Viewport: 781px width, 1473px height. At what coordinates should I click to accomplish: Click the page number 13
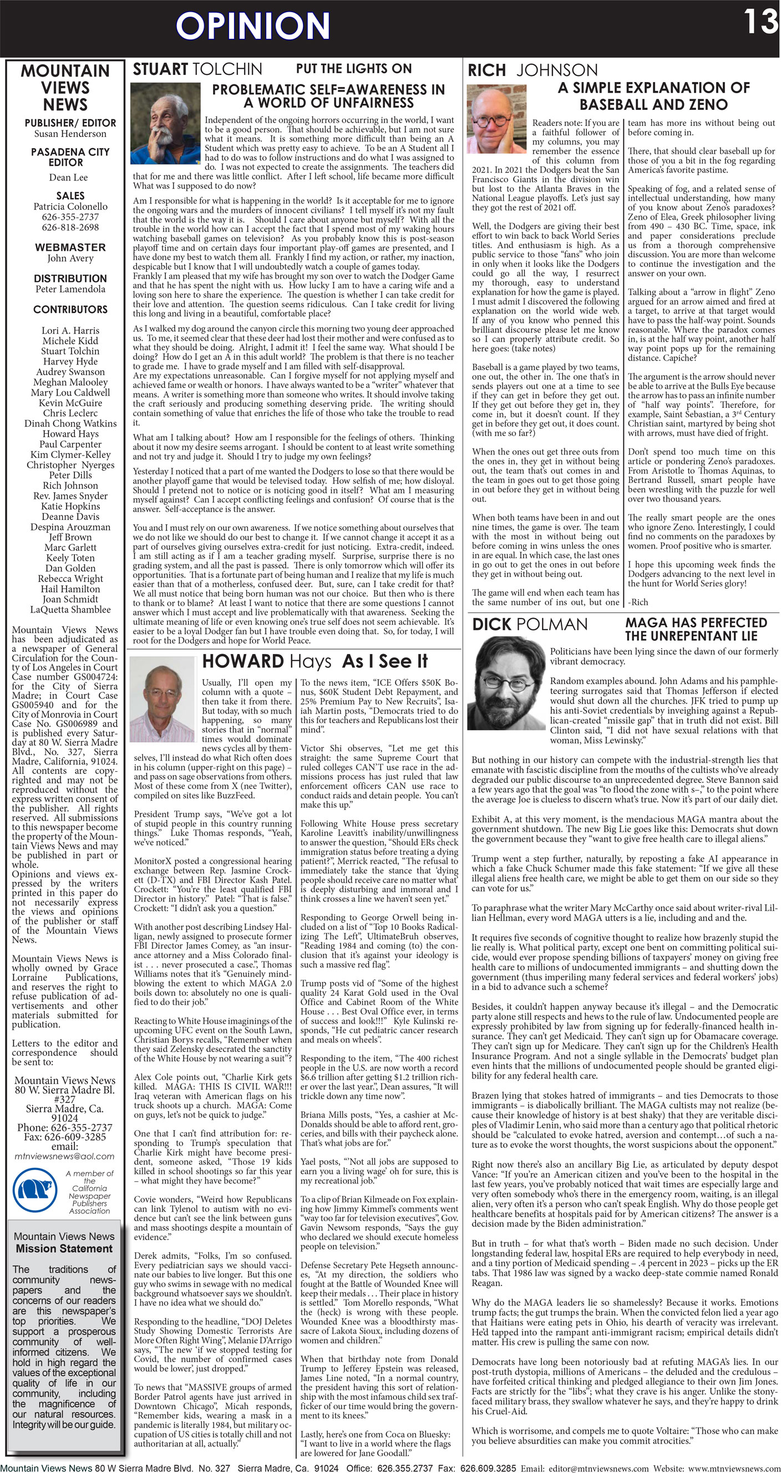pyautogui.click(x=760, y=22)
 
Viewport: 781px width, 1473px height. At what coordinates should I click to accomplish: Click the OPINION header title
pyautogui.click(x=253, y=26)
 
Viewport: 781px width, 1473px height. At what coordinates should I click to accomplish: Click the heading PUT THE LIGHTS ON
pyautogui.click(x=353, y=69)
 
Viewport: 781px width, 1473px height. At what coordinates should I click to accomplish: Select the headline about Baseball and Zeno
pyautogui.click(x=653, y=95)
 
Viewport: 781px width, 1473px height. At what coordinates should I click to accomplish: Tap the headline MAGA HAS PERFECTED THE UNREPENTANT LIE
pyautogui.click(x=696, y=629)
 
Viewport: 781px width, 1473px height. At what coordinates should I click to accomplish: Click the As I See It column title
pyautogui.click(x=384, y=661)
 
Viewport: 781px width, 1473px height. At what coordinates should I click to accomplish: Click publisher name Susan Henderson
pyautogui.click(x=70, y=134)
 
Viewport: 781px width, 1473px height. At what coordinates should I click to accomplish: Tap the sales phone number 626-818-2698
pyautogui.click(x=70, y=227)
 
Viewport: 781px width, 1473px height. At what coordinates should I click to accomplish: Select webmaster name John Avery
pyautogui.click(x=70, y=258)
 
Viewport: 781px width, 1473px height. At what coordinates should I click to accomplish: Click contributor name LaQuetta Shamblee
pyautogui.click(x=70, y=609)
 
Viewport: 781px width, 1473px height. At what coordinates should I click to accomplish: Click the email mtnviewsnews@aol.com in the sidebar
pyautogui.click(x=64, y=1156)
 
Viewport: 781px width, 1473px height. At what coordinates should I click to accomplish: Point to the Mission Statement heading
pyautogui.click(x=64, y=1248)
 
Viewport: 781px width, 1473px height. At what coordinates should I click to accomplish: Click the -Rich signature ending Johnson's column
pyautogui.click(x=638, y=601)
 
